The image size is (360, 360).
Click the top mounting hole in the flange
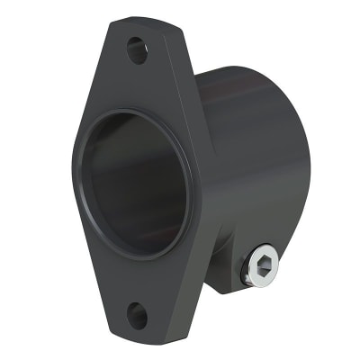(137, 49)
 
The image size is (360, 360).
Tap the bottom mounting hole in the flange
(136, 314)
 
